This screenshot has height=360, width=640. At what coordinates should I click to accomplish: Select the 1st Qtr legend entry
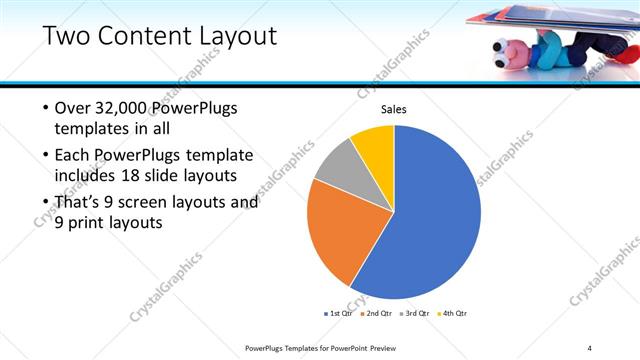(x=338, y=314)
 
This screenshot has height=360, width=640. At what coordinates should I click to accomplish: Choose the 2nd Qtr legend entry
(x=377, y=314)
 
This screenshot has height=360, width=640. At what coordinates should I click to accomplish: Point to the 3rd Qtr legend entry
(x=415, y=314)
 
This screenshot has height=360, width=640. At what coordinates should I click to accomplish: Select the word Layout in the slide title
(x=240, y=37)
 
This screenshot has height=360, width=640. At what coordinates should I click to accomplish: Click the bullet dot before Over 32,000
(x=45, y=108)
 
